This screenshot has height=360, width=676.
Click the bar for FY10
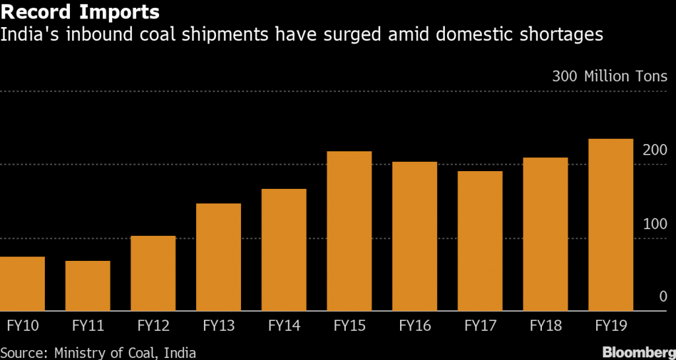pos(22,283)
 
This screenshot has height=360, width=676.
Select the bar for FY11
pos(88,285)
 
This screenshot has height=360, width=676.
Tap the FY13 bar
pos(219,257)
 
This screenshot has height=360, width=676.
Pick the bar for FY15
pos(349,231)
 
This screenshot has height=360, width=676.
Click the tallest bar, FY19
pos(611,225)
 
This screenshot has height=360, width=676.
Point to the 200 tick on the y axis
pos(654,151)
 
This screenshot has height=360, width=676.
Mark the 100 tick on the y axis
pos(654,224)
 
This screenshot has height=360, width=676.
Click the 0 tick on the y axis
pos(663,297)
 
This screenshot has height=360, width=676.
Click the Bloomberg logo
pos(638,352)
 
